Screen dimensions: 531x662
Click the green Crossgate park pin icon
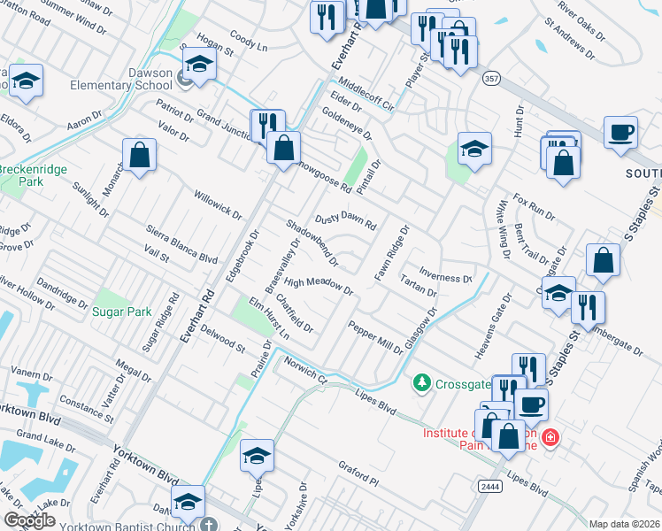pos(422,382)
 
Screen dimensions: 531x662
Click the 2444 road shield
pos(489,486)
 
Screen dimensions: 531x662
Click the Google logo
pos(30,519)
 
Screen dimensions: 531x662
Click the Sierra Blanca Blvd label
pos(182,244)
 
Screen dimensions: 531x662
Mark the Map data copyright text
pos(624,524)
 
